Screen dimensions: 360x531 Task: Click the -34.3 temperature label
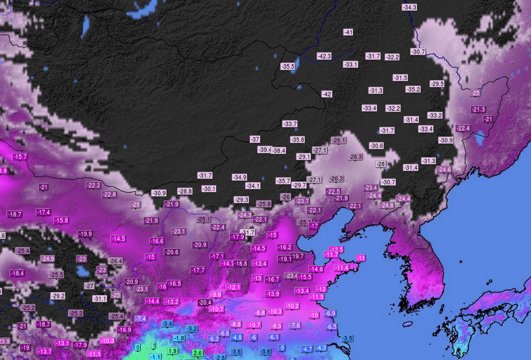pyautogui.click(x=409, y=7)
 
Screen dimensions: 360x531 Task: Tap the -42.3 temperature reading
pyautogui.click(x=324, y=56)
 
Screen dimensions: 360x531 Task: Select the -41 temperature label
pyautogui.click(x=348, y=32)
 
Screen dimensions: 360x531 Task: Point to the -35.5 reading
pyautogui.click(x=288, y=66)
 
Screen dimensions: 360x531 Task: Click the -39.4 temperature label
pyautogui.click(x=265, y=149)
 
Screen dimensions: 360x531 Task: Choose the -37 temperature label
pyautogui.click(x=255, y=139)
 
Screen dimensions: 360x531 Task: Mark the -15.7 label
pyautogui.click(x=20, y=157)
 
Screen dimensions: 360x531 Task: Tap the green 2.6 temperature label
pyautogui.click(x=197, y=353)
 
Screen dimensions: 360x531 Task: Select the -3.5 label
pyautogui.click(x=347, y=338)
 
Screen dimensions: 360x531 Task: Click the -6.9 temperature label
pyautogui.click(x=330, y=313)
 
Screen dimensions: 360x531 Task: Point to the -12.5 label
pyautogui.click(x=336, y=250)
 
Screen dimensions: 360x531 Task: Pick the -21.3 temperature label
pyautogui.click(x=478, y=109)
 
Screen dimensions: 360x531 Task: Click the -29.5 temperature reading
pyautogui.click(x=437, y=84)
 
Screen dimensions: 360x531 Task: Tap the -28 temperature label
pyautogui.click(x=381, y=164)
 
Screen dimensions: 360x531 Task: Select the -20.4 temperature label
pyautogui.click(x=205, y=302)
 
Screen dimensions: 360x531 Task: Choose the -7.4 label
pyautogui.click(x=141, y=318)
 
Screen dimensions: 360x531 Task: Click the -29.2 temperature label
pyautogui.click(x=58, y=296)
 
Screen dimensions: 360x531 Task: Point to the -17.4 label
pyautogui.click(x=43, y=212)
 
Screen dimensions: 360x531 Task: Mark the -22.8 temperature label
pyautogui.click(x=109, y=194)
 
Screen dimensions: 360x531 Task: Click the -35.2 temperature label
pyautogui.click(x=413, y=89)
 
